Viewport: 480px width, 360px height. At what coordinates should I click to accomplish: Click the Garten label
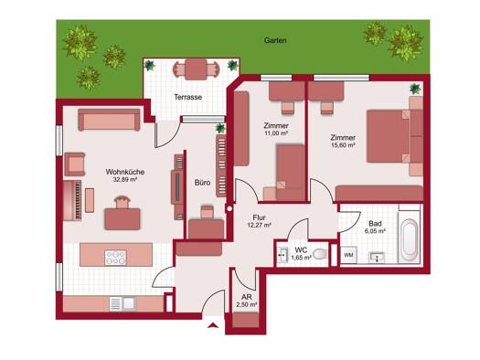click(x=275, y=40)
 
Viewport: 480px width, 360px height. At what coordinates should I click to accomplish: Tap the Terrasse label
click(x=188, y=97)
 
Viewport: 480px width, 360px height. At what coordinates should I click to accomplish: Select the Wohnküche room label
click(x=125, y=172)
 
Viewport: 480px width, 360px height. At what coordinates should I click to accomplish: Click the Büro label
click(x=202, y=183)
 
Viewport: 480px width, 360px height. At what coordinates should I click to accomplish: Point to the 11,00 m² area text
click(x=276, y=133)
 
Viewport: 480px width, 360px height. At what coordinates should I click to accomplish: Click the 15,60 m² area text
click(x=343, y=145)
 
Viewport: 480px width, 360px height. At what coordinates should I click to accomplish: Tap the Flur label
click(x=259, y=217)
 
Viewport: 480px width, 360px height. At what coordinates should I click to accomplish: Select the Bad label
click(x=375, y=224)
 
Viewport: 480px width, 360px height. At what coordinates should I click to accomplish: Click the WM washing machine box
click(x=348, y=255)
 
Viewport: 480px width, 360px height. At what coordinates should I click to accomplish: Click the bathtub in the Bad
click(x=410, y=237)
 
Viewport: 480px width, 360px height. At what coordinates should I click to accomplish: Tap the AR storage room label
click(x=247, y=297)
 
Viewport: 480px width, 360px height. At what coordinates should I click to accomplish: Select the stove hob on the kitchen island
click(x=115, y=258)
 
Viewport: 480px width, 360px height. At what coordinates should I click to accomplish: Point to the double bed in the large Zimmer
click(x=389, y=136)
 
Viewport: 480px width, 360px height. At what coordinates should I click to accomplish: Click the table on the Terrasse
click(x=196, y=69)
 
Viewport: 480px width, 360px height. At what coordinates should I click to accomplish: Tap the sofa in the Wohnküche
click(x=109, y=120)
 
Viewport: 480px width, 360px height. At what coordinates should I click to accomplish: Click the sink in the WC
click(x=283, y=255)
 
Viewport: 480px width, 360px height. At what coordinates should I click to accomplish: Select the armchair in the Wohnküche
click(x=75, y=164)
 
